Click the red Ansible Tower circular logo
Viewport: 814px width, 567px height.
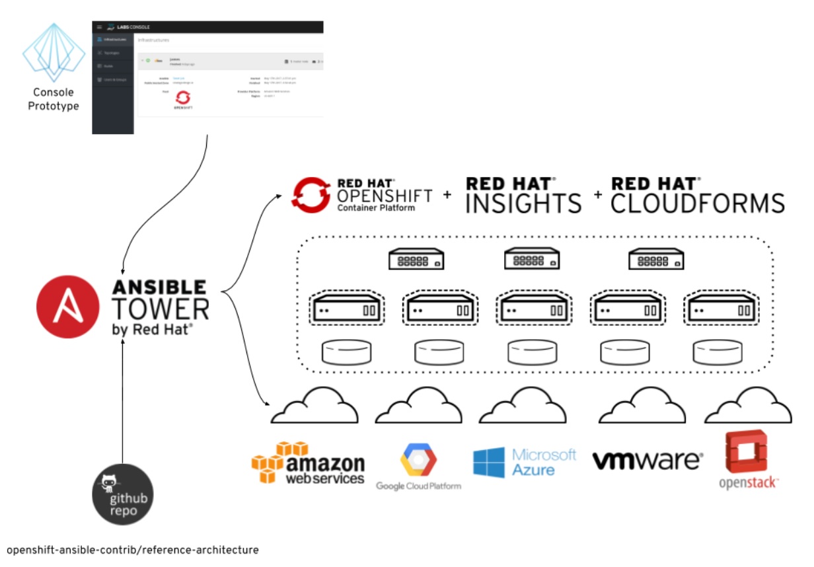[x=69, y=307]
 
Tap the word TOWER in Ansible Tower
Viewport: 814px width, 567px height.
[x=161, y=309]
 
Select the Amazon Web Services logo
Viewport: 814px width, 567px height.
[x=309, y=463]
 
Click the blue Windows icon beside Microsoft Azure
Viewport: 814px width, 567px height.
[x=488, y=463]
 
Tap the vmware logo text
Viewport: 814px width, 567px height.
[x=647, y=460]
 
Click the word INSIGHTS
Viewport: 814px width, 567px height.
[x=523, y=203]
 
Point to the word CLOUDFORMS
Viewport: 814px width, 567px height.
[x=698, y=203]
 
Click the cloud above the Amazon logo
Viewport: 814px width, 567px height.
[x=314, y=406]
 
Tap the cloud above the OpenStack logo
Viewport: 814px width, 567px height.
[x=747, y=406]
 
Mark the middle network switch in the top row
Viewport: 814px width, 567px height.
[x=531, y=258]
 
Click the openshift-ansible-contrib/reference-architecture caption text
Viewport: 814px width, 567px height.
[x=132, y=549]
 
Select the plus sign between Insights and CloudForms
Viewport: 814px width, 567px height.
[x=598, y=194]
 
